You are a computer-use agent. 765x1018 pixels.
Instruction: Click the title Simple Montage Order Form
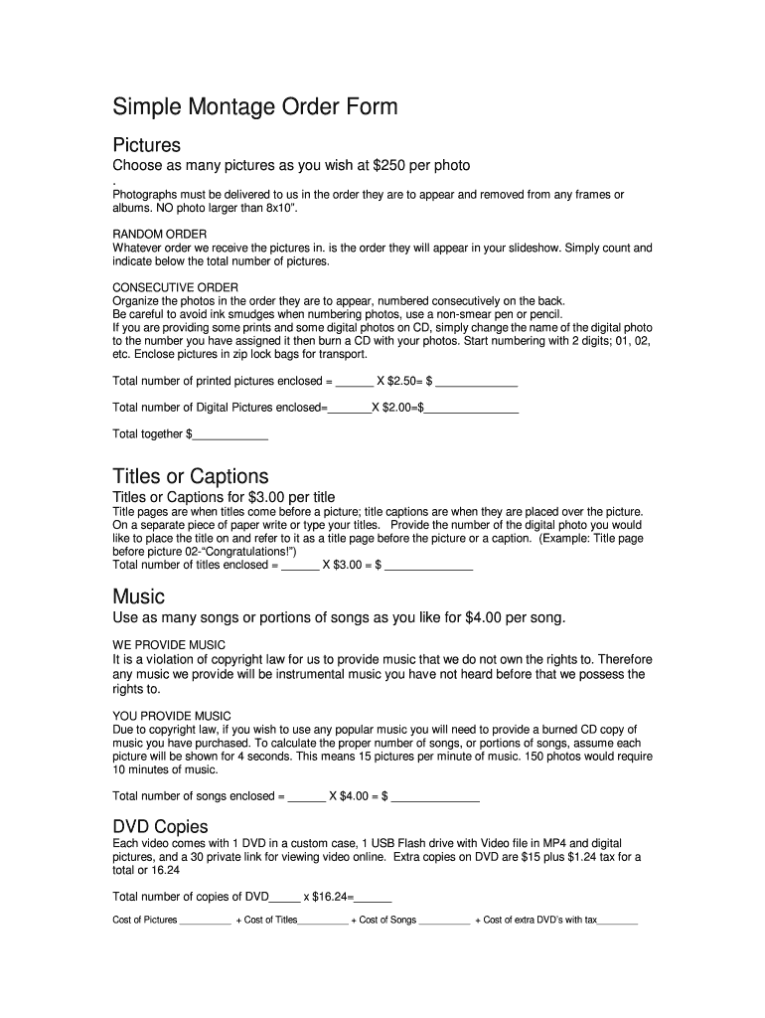[x=255, y=106]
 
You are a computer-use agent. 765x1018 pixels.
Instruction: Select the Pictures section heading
[x=146, y=145]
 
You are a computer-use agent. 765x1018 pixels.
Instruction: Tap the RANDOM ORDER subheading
[x=160, y=234]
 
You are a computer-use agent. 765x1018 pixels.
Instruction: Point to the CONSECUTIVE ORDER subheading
[x=175, y=287]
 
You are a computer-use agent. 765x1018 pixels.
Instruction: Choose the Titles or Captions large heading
[x=191, y=476]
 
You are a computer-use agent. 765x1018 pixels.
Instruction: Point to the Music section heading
[x=139, y=596]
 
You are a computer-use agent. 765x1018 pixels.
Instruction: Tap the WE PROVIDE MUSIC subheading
[x=169, y=644]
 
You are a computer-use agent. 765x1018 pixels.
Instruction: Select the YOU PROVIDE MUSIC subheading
[x=172, y=716]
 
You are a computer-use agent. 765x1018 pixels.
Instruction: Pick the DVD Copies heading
[x=160, y=827]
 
